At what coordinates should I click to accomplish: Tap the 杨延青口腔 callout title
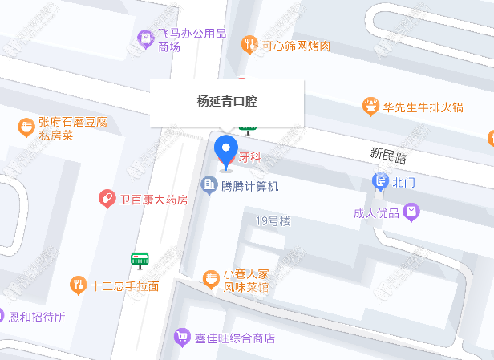click(227, 102)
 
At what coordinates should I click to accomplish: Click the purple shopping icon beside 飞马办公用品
click(145, 36)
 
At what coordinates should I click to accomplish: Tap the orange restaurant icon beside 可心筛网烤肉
click(249, 45)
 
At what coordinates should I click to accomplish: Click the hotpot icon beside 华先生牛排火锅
click(370, 106)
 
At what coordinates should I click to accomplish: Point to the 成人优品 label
click(376, 213)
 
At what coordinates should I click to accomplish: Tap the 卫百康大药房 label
click(153, 199)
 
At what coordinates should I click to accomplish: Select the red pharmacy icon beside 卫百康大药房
click(106, 199)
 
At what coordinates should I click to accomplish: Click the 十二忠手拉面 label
click(125, 285)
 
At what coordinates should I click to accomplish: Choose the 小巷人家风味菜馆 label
click(245, 280)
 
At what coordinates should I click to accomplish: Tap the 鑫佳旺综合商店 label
click(235, 338)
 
